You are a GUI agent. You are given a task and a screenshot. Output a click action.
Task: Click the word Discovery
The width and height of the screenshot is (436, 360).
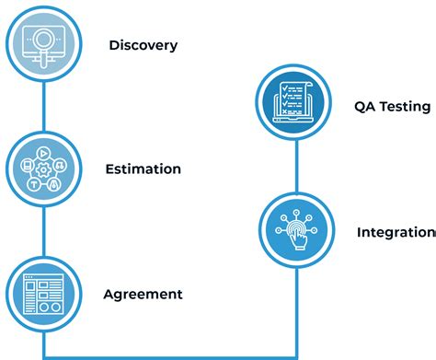[x=143, y=44]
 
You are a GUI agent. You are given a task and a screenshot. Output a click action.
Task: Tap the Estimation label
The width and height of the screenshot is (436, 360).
[x=143, y=169]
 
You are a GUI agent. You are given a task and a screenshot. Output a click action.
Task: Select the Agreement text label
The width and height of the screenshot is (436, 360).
[x=143, y=295]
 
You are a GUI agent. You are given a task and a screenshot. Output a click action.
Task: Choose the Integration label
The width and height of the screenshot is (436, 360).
[x=396, y=232]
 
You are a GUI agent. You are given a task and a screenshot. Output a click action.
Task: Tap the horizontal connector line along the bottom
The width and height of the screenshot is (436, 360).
[x=169, y=355]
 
